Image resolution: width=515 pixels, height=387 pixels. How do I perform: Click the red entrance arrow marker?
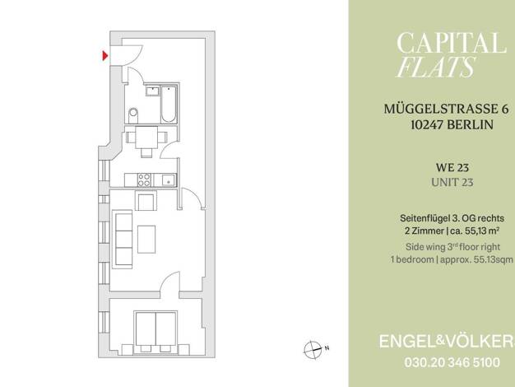pos(104,56)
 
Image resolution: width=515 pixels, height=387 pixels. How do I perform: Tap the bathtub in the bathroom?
pos(169,105)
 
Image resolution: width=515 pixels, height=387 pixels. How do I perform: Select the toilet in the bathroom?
pos(133,115)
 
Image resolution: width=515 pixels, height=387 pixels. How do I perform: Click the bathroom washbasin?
pos(152,91)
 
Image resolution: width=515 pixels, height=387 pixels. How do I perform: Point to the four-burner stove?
pos(144,180)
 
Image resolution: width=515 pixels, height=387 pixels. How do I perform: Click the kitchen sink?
pos(169,180)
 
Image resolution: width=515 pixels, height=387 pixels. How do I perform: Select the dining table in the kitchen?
pos(146,138)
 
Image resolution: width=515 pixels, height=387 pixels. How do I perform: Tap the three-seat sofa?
pos(123,240)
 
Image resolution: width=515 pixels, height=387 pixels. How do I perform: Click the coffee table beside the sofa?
pos(146,239)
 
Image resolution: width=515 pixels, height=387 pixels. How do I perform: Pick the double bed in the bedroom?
pos(155,333)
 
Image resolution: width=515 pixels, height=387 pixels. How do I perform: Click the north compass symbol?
pos(313,349)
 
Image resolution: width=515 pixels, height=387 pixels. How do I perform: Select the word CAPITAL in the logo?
pos(451,43)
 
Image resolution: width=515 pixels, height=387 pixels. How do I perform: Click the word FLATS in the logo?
pos(435,67)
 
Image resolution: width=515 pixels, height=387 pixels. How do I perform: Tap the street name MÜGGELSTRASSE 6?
pos(447,109)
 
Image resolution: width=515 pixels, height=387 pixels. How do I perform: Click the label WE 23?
pos(452,168)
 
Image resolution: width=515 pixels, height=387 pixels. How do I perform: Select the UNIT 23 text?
pos(452,183)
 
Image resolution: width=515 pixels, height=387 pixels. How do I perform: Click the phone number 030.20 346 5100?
pos(452,362)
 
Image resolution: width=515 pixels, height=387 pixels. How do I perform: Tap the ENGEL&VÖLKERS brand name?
pos(447,342)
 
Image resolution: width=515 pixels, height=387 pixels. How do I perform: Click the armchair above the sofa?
pos(146,201)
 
